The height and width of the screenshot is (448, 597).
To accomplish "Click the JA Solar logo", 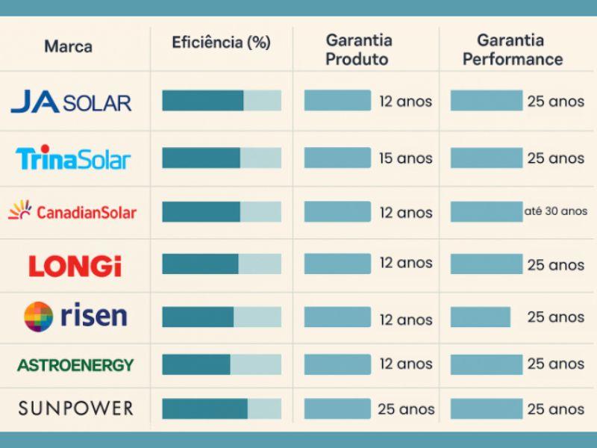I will (x=71, y=101).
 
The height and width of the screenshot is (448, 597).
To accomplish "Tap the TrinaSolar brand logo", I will (x=73, y=158).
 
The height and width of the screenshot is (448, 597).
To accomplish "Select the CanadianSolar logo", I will (x=72, y=212).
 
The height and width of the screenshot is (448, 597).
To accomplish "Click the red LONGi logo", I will (x=74, y=266).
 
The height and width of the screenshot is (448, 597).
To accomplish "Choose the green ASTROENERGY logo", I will (x=75, y=365).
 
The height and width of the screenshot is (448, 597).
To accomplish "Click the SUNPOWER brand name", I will (x=75, y=408).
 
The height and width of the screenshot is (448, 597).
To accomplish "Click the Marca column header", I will (x=69, y=46).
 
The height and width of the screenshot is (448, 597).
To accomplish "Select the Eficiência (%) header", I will (x=221, y=42).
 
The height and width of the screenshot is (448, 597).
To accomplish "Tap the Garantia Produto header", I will (x=360, y=49).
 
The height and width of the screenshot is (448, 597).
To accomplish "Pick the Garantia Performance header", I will (x=512, y=49).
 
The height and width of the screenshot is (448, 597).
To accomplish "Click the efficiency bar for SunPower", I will (x=221, y=408).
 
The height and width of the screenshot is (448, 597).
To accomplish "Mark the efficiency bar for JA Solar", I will (x=221, y=101).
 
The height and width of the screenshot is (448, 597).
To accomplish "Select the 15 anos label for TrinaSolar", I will (x=405, y=158).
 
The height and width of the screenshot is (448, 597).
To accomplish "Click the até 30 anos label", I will (x=555, y=211).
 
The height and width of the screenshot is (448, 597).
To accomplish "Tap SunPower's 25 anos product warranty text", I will (x=406, y=409).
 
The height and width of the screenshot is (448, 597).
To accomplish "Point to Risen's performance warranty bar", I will (x=480, y=317).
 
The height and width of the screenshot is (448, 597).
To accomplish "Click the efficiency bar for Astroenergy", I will (x=221, y=364).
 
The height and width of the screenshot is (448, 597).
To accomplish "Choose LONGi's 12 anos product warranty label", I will (x=405, y=263).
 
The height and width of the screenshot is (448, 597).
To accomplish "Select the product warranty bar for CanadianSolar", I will (x=337, y=211).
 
